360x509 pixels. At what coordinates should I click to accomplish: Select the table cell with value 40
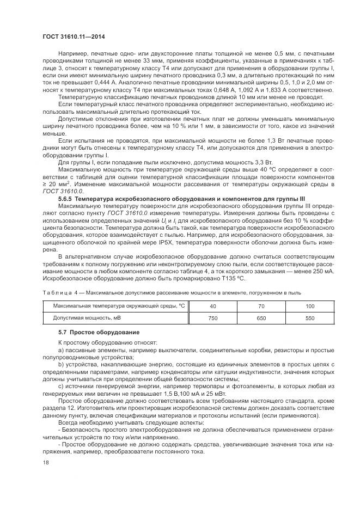click(212, 306)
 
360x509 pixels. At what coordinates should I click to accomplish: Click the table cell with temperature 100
click(310, 306)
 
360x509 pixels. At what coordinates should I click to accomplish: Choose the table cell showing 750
click(212, 317)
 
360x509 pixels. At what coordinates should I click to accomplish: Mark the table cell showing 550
click(310, 317)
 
